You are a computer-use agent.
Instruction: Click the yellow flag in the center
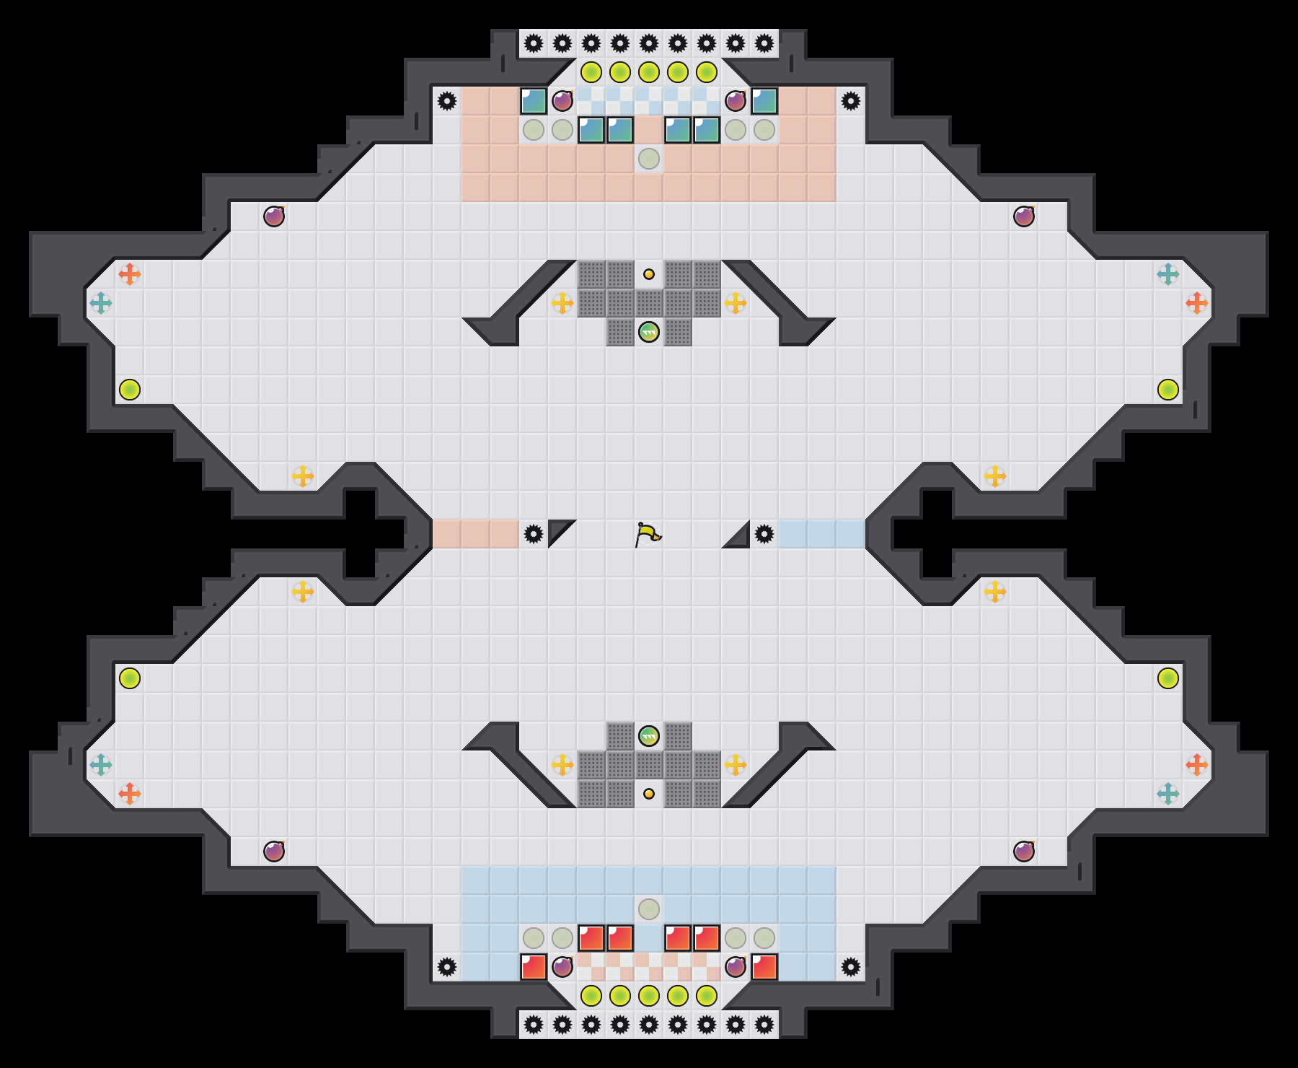pyautogui.click(x=648, y=534)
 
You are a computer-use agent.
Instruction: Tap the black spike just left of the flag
pyautogui.click(x=534, y=534)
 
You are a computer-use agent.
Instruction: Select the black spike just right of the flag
pyautogui.click(x=764, y=534)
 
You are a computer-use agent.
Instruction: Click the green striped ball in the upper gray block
pyautogui.click(x=649, y=332)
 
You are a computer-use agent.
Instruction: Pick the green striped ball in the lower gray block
pyautogui.click(x=649, y=736)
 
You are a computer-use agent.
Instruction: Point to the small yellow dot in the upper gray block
pyautogui.click(x=649, y=274)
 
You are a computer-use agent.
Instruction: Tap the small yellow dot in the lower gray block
pyautogui.click(x=649, y=794)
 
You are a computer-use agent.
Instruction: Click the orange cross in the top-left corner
pyautogui.click(x=130, y=274)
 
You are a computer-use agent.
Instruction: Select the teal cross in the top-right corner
pyautogui.click(x=1168, y=274)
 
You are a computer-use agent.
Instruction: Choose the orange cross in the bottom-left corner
pyautogui.click(x=130, y=794)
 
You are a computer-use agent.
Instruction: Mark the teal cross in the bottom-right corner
pyautogui.click(x=1168, y=794)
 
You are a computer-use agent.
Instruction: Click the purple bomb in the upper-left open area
pyautogui.click(x=274, y=216)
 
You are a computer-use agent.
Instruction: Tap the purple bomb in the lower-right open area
pyautogui.click(x=1024, y=852)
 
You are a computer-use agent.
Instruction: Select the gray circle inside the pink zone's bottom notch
pyautogui.click(x=649, y=159)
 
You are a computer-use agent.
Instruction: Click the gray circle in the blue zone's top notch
pyautogui.click(x=649, y=909)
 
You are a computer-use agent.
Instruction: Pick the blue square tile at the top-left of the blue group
pyautogui.click(x=534, y=101)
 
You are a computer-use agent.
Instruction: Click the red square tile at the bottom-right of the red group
pyautogui.click(x=764, y=967)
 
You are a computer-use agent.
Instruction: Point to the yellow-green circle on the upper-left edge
pyautogui.click(x=130, y=390)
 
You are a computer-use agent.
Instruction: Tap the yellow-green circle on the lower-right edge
pyautogui.click(x=1168, y=678)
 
